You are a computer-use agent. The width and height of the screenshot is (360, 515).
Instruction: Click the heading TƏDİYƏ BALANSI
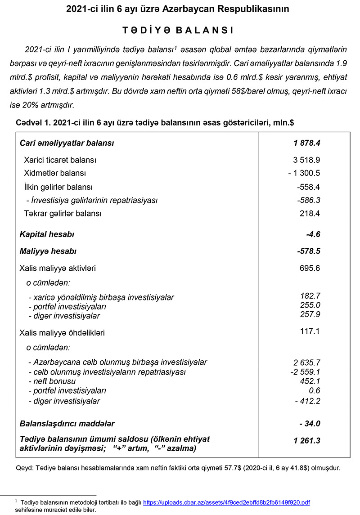coord(178,30)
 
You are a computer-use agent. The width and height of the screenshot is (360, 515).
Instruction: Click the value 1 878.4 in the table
coord(306,143)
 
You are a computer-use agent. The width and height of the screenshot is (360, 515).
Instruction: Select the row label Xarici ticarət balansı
coord(60,160)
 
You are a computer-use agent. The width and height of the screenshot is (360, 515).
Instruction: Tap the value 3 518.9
coord(306,160)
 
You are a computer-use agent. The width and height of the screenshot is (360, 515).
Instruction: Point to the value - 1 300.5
coord(304,173)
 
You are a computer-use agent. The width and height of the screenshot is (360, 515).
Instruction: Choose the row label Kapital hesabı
coord(47,234)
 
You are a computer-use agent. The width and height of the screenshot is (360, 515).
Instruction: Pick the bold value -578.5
coord(308,251)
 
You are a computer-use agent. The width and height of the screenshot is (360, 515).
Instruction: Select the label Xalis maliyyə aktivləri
coord(58,269)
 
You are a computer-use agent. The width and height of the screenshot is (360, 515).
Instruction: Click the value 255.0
coord(310,305)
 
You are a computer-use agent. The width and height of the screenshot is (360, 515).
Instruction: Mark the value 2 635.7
coord(306,363)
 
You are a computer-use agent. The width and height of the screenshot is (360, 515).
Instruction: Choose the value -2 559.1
coord(305,372)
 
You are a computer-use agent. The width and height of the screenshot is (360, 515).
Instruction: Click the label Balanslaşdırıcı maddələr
coord(67,424)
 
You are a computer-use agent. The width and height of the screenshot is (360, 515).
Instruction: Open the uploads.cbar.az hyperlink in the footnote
coord(226,502)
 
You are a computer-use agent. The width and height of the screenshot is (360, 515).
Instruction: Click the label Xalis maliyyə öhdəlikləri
coord(62,333)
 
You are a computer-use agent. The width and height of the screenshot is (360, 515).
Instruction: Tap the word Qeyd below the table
coord(24,468)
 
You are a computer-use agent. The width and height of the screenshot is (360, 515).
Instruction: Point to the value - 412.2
coord(308,401)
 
